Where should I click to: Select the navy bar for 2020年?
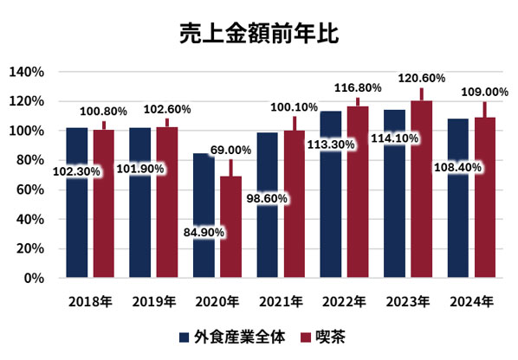(x=204, y=216)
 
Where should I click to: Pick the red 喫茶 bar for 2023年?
(x=421, y=190)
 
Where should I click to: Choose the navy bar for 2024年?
(x=457, y=216)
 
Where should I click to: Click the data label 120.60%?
(x=421, y=78)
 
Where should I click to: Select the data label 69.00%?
(x=230, y=150)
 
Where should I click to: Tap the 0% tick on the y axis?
(x=35, y=278)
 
